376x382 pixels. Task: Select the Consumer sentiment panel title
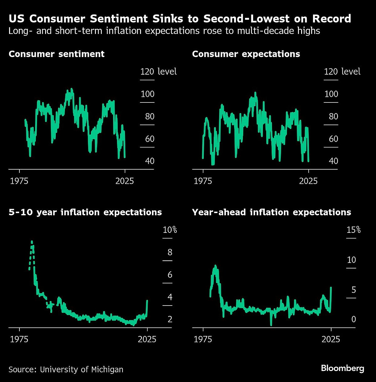pos(56,54)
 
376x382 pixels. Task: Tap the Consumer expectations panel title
pos(246,54)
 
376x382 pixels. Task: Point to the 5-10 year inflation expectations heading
pos(85,212)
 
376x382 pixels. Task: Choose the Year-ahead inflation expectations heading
pos(271,212)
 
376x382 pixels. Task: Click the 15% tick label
pos(353,230)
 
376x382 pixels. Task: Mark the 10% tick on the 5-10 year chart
pos(170,230)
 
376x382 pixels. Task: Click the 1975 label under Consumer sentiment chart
pos(19,181)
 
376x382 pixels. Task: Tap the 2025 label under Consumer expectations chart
pos(308,181)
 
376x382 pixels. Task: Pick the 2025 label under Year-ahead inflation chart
pos(331,339)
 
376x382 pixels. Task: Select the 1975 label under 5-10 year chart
pos(19,339)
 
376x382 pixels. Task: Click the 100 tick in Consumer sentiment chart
pos(147,94)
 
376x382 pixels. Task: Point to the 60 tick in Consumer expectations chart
pos(333,139)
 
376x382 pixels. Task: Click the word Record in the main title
pos(332,19)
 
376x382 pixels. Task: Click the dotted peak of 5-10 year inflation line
pos(32,242)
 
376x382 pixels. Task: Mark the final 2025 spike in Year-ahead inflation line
pos(331,288)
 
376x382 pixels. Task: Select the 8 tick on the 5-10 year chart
pos(170,252)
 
